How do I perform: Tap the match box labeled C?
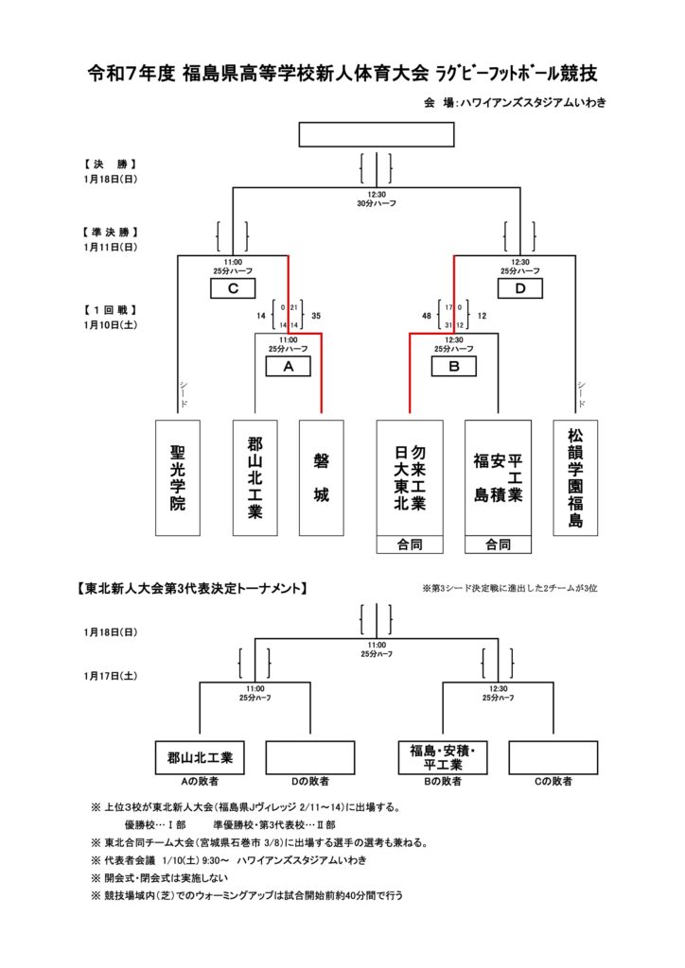233,289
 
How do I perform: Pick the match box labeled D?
519,289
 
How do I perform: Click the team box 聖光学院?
178,478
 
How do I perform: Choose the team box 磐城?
322,478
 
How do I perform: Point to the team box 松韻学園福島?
576,478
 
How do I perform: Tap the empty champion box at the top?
376,134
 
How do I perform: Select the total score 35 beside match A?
316,316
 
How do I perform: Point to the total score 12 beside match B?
482,316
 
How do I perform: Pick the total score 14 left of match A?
261,316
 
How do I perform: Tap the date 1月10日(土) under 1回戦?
111,325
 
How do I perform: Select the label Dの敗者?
309,782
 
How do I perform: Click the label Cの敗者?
553,782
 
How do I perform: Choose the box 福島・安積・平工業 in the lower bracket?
442,758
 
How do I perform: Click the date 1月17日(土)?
111,676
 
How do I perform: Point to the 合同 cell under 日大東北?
410,544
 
